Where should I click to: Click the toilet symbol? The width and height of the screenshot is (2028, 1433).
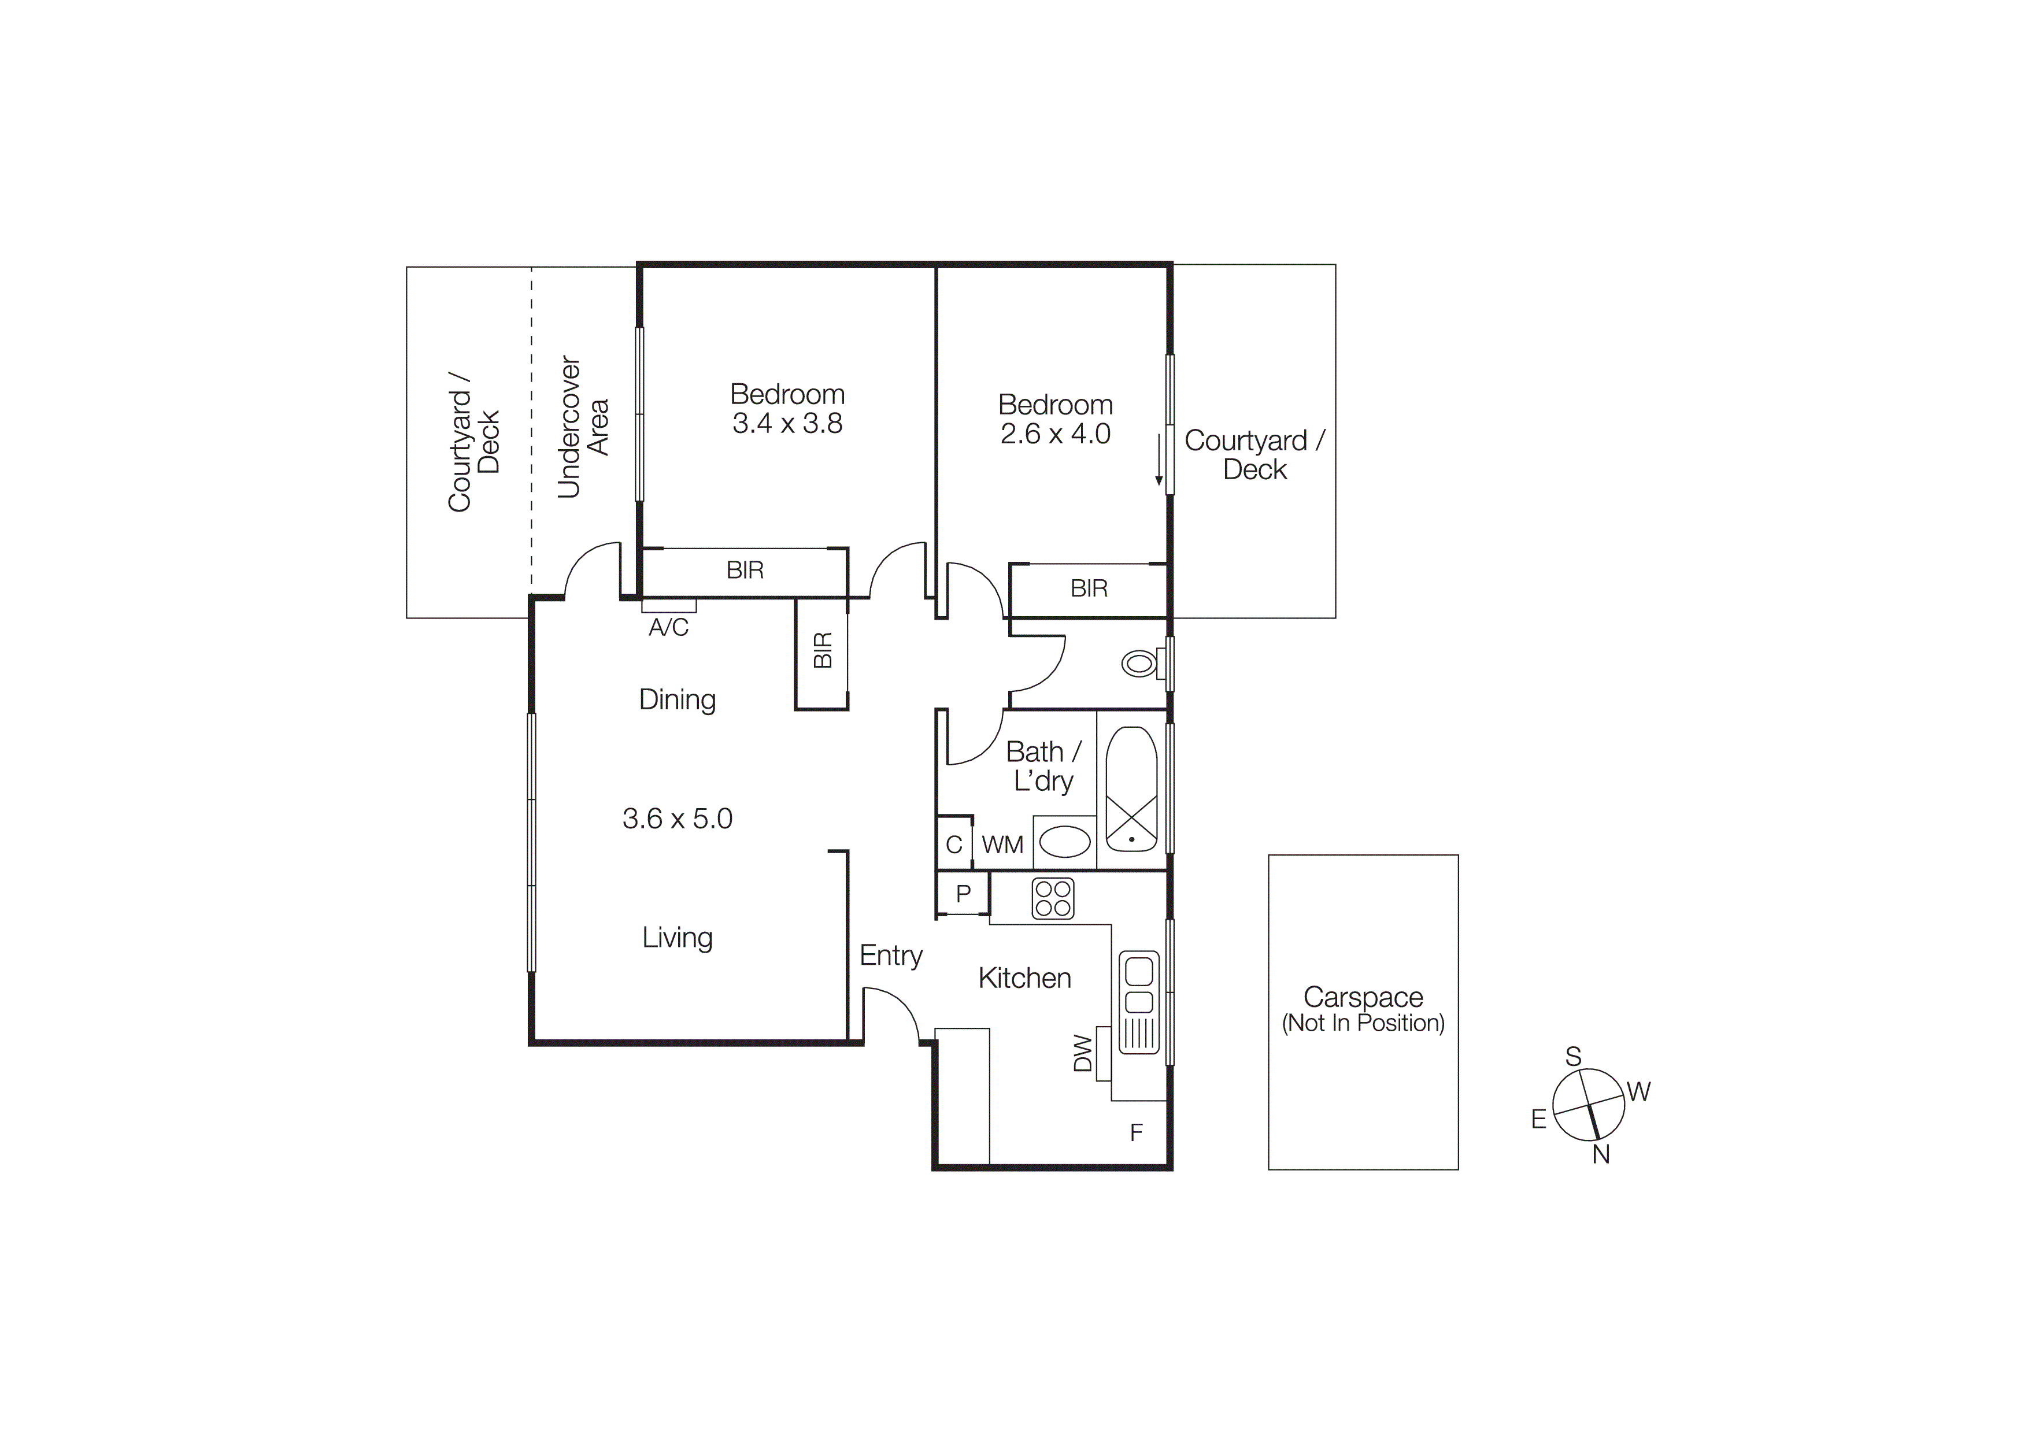(x=1140, y=663)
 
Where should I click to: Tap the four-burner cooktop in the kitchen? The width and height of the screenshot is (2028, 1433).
(x=1053, y=899)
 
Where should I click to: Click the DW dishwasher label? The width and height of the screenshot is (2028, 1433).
(x=1083, y=1053)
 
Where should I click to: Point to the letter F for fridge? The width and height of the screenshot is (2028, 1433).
(x=1136, y=1133)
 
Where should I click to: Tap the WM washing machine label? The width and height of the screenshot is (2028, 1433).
(x=1002, y=845)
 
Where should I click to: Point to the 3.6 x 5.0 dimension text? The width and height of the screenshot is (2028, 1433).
(x=678, y=819)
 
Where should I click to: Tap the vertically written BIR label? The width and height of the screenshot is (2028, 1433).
(x=822, y=651)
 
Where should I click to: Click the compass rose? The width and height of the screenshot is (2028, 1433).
(x=1588, y=1105)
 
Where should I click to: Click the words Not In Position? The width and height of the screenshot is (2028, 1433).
(x=1363, y=1023)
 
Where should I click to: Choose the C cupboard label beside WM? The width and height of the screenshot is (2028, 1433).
(x=954, y=845)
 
